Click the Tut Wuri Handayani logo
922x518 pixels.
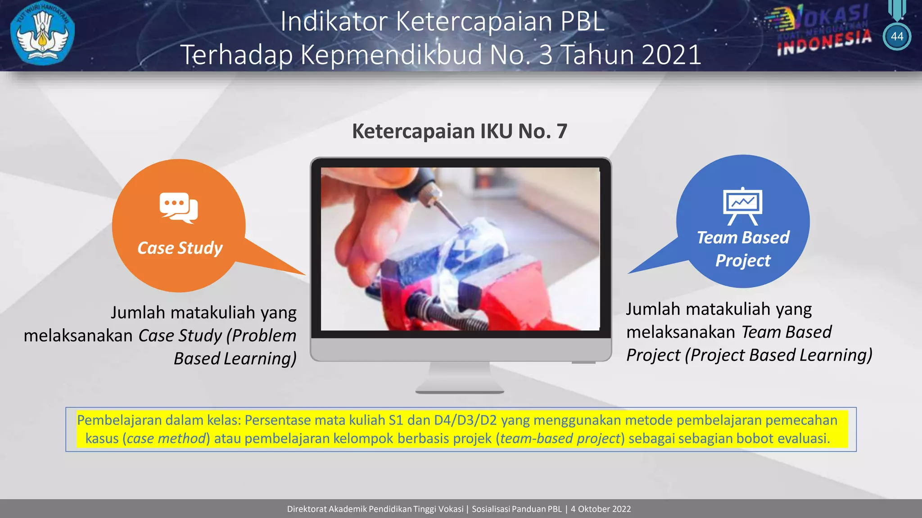42,35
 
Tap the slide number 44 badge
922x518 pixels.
897,36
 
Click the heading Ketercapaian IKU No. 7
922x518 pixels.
459,131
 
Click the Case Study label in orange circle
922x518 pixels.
180,248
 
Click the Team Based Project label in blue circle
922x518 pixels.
743,249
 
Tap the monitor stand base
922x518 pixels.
460,388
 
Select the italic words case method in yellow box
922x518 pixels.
166,438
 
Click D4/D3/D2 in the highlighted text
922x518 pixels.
465,420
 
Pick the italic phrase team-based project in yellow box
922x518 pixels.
560,438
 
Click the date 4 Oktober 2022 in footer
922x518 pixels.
601,509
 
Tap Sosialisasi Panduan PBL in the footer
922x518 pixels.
516,509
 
